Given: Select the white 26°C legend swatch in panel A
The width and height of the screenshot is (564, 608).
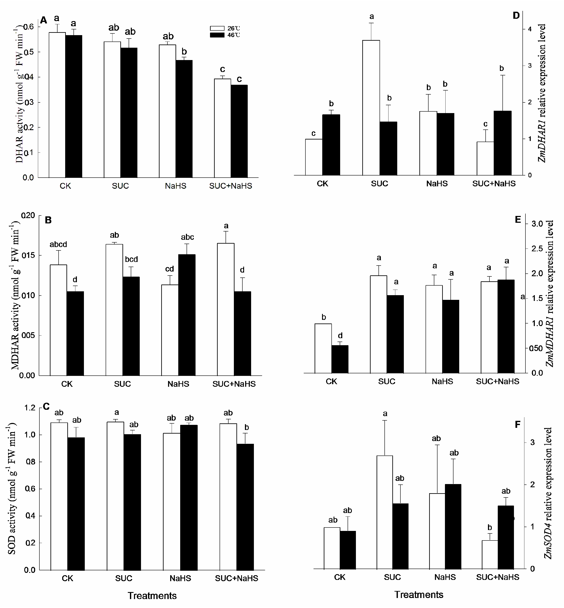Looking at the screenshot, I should [217, 28].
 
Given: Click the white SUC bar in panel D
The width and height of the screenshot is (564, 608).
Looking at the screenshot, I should [371, 107].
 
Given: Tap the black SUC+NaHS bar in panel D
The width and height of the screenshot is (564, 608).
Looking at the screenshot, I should [502, 143].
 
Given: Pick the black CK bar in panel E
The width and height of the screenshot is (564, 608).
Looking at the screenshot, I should [340, 359].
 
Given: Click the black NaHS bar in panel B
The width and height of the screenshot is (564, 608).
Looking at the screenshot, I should [187, 315].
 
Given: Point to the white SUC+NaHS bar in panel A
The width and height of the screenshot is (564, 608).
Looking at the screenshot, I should [222, 128].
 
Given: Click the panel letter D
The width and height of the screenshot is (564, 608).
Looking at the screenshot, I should [516, 16].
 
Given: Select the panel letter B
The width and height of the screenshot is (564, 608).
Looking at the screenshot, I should [48, 220].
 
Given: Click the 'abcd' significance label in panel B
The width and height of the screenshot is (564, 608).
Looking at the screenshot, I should [58, 244].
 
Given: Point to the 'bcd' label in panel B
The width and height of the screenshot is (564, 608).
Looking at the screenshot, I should [131, 259].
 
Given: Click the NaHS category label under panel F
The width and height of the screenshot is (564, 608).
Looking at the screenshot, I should [445, 577].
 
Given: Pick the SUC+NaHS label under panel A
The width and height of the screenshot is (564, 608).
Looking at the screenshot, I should [230, 186].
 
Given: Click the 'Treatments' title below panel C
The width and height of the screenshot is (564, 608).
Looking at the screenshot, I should [152, 596].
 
